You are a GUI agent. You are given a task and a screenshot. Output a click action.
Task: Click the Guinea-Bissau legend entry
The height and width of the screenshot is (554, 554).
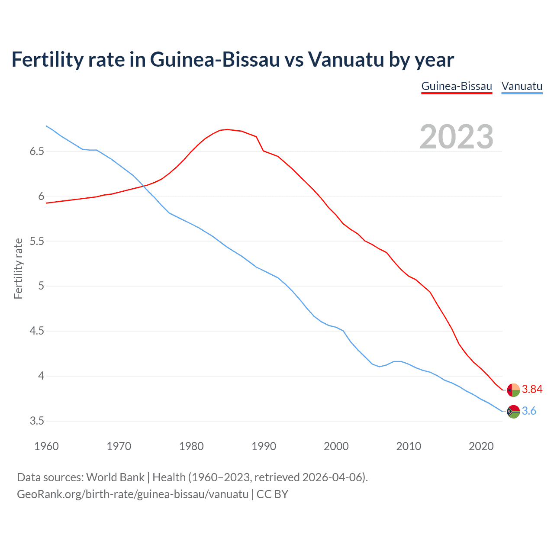pos(457,86)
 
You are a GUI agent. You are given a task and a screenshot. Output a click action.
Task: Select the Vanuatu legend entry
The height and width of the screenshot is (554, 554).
pos(522,86)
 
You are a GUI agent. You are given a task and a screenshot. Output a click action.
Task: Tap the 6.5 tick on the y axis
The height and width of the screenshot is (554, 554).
pos(37,151)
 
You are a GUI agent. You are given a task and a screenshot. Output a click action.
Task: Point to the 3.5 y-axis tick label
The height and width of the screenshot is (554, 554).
pos(37,421)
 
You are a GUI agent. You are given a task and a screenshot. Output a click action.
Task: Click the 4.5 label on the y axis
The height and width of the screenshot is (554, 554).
pos(37,331)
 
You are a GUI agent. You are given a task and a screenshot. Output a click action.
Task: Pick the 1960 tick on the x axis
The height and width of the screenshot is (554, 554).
pos(46,446)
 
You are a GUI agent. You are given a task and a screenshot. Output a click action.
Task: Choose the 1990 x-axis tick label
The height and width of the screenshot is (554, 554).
pos(264,446)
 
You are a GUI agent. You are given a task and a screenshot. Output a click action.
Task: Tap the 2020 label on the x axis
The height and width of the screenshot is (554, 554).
pos(481,446)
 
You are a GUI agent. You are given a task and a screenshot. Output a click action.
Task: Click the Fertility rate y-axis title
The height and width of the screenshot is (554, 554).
pos(18,268)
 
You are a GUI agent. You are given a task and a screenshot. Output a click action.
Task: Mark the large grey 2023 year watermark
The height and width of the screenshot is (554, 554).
pos(457,137)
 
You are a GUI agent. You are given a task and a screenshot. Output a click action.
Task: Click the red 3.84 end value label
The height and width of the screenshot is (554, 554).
pos(532,390)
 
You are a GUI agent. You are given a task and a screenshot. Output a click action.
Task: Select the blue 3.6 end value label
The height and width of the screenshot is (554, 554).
pos(529,411)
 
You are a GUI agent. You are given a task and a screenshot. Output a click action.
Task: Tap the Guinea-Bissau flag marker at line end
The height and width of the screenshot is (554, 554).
pos(513,390)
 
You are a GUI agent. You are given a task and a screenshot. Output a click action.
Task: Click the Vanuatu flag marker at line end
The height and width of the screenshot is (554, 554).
pos(513,412)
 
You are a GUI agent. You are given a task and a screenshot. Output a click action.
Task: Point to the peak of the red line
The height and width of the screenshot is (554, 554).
pos(227,129)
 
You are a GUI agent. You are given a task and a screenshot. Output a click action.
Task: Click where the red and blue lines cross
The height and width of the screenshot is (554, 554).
pos(143,187)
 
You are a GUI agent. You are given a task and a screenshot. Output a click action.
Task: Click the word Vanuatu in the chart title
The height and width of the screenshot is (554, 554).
pos(346,59)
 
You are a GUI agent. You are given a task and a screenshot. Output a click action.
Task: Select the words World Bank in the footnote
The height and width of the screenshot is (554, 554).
pos(115,477)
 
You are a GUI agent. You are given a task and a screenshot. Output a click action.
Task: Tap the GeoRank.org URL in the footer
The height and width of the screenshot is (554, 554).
pos(132,494)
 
